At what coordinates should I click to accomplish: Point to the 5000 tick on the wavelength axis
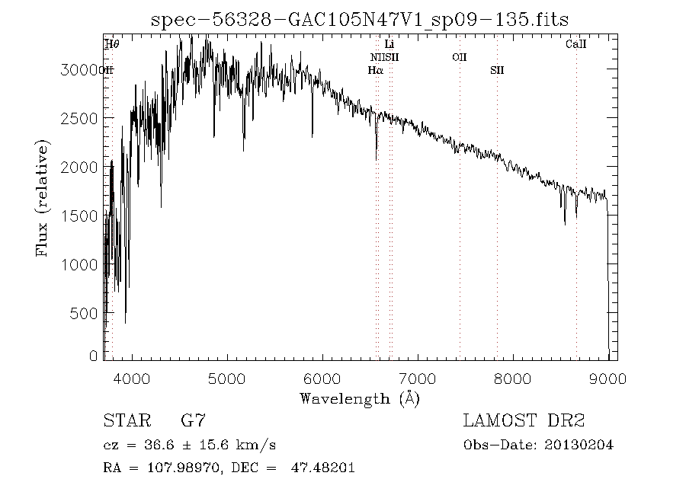227,378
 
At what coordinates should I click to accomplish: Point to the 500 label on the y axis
87,313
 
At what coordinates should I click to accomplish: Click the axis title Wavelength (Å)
360,398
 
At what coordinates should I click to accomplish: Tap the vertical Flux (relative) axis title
43,197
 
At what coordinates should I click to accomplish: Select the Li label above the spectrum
389,45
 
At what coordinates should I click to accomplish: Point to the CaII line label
575,45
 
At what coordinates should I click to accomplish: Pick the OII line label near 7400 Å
459,57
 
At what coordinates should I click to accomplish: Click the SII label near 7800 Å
497,71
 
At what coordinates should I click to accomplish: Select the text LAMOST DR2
524,420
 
